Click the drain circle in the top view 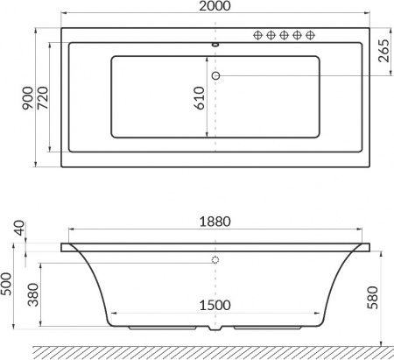215,76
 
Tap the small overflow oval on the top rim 215,41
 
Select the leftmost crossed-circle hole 258,35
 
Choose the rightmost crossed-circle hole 311,35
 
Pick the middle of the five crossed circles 285,35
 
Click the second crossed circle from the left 271,35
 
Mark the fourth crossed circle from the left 298,35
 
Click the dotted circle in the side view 215,261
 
